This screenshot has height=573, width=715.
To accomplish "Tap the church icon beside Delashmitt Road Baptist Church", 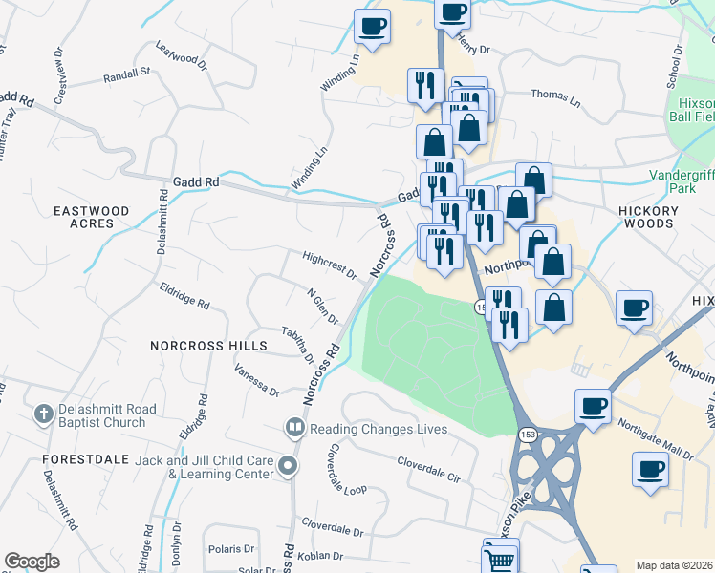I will [x=41, y=414].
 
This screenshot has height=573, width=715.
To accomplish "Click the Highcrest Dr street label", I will [x=329, y=265].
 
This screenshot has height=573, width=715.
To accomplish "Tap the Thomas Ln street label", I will [x=555, y=96].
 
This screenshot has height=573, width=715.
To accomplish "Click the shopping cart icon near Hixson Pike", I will [x=501, y=557].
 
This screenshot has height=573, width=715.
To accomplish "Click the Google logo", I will [x=32, y=562].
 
